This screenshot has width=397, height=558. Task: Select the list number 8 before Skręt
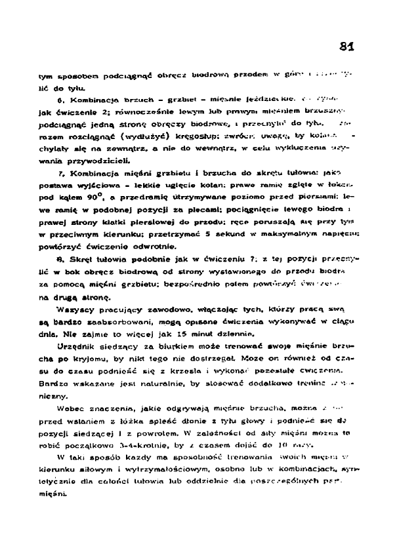[x=60, y=259]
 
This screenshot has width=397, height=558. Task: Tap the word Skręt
[x=77, y=259]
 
